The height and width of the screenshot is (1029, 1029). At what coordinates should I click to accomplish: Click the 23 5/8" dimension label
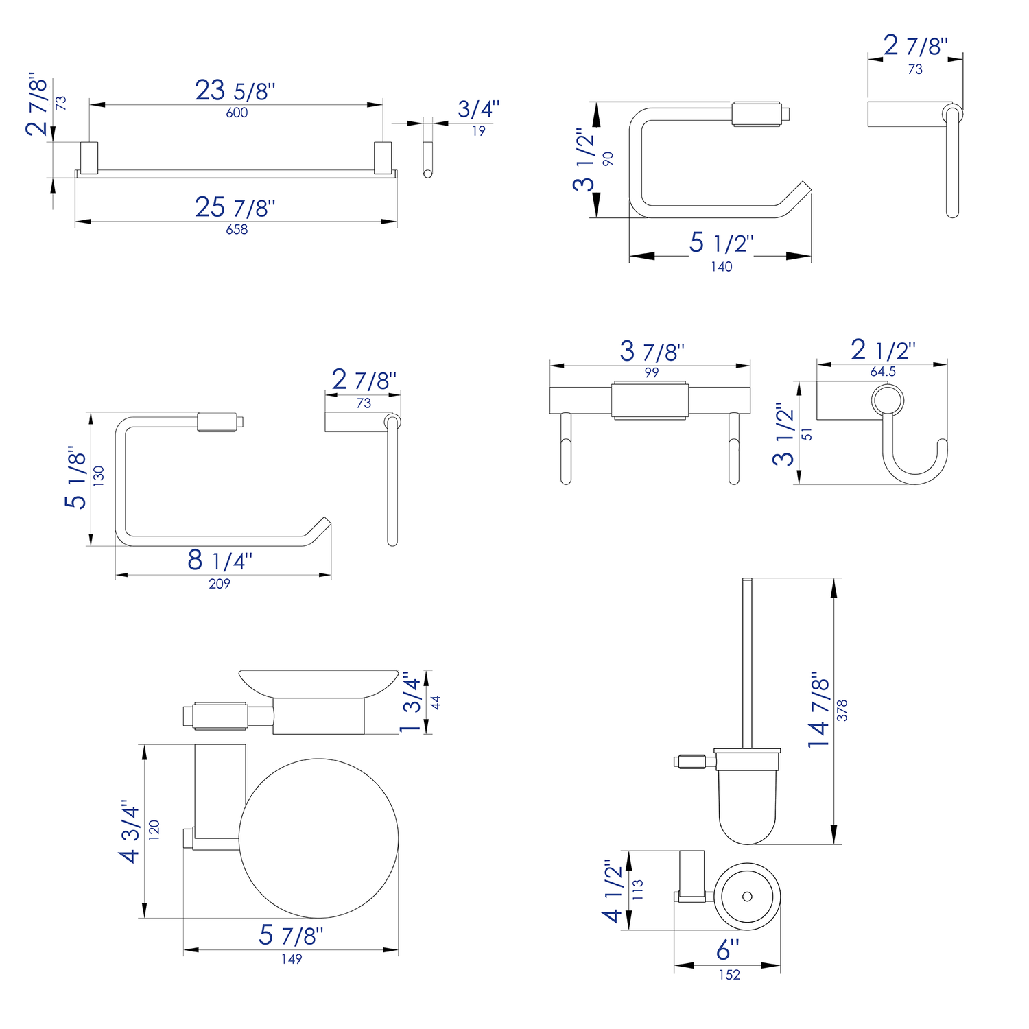pyautogui.click(x=235, y=91)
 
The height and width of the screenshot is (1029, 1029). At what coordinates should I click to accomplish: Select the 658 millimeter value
pyautogui.click(x=237, y=230)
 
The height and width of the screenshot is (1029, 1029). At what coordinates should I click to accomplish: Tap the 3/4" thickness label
pyautogui.click(x=478, y=109)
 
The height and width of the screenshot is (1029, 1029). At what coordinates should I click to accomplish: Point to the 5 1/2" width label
pyautogui.click(x=721, y=243)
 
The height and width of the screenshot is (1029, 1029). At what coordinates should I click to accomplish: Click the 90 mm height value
pyautogui.click(x=608, y=158)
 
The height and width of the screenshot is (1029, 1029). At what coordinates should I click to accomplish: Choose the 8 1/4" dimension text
pyautogui.click(x=220, y=560)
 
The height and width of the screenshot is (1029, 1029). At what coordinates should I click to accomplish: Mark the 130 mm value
pyautogui.click(x=99, y=476)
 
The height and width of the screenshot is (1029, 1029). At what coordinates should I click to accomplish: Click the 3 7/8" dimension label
pyautogui.click(x=652, y=351)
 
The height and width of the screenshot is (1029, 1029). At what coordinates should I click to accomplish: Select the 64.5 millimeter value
pyautogui.click(x=883, y=371)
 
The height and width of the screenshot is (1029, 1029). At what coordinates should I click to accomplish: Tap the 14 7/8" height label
pyautogui.click(x=819, y=709)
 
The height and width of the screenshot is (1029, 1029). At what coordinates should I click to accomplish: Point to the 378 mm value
pyautogui.click(x=842, y=710)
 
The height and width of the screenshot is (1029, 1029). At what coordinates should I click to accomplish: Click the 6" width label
pyautogui.click(x=728, y=950)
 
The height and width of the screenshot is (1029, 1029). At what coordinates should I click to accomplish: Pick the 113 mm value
pyautogui.click(x=638, y=890)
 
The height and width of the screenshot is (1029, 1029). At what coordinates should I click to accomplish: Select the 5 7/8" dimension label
pyautogui.click(x=291, y=935)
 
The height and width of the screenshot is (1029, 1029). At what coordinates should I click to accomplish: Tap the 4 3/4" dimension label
pyautogui.click(x=130, y=830)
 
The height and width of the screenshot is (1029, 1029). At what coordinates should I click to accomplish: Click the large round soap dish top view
pyautogui.click(x=319, y=838)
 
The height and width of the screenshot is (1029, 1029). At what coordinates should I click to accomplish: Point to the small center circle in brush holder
pyautogui.click(x=747, y=896)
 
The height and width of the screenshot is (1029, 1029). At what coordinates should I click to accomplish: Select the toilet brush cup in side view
pyautogui.click(x=747, y=799)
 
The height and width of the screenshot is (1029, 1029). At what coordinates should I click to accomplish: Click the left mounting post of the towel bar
pyautogui.click(x=89, y=158)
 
